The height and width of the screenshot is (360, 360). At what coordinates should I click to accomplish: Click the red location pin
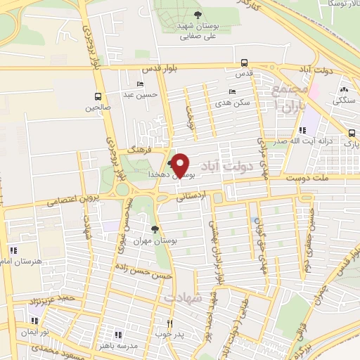[181, 165]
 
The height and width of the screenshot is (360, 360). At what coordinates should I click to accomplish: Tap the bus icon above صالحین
[98, 97]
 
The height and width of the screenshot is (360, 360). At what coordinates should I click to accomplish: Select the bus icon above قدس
[243, 62]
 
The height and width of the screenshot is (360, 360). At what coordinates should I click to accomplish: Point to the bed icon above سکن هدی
[233, 91]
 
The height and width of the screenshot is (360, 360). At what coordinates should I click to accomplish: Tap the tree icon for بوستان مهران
[155, 229]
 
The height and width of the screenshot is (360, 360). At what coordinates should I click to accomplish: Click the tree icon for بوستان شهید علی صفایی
[198, 16]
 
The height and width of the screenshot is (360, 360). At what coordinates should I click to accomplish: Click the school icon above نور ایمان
[31, 320]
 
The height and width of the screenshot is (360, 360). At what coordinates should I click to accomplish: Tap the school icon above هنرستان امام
[13, 250]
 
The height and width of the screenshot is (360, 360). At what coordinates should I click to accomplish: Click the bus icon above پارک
[352, 132]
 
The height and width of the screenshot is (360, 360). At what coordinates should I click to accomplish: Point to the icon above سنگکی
[344, 91]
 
